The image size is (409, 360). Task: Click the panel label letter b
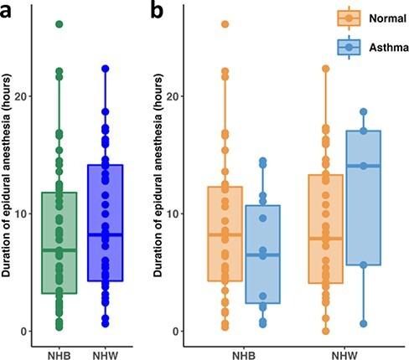click(x=157, y=11)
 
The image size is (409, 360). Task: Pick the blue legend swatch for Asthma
click(x=347, y=49)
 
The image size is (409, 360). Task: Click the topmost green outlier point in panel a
click(x=59, y=24)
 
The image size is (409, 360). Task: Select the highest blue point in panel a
click(x=106, y=69)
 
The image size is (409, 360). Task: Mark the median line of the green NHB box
click(x=59, y=250)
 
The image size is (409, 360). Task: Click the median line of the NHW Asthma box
click(x=363, y=166)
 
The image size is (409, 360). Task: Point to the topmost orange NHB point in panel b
click(x=225, y=24)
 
